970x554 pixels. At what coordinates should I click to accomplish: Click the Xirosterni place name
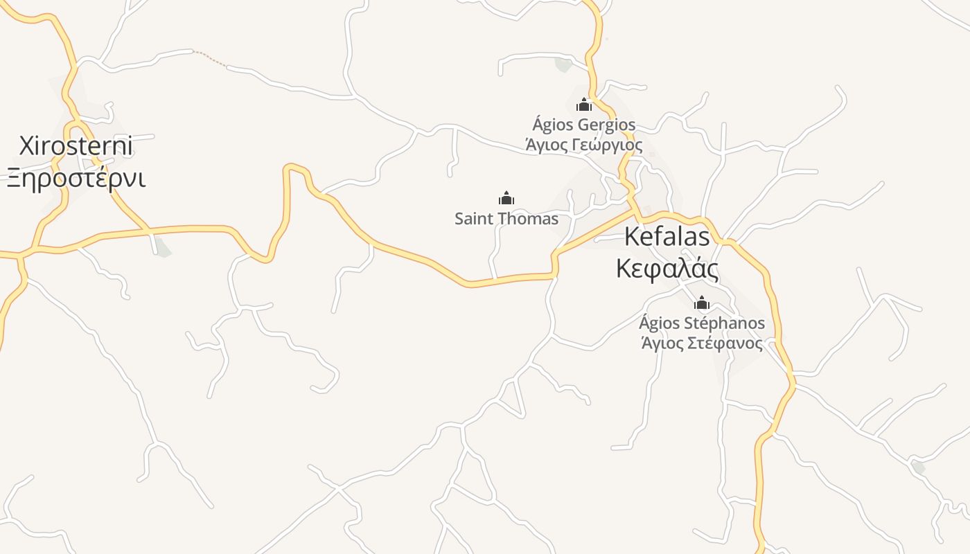click(x=76, y=147)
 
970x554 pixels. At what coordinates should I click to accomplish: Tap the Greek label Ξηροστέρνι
click(x=76, y=178)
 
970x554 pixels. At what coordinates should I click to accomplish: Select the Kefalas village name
click(x=667, y=236)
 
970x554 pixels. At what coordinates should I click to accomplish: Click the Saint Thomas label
click(x=506, y=219)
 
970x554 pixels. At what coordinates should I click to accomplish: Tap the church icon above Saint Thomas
click(x=506, y=198)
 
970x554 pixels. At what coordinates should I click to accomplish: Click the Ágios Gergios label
click(x=584, y=125)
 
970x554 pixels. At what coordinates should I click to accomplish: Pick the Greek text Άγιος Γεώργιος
click(x=584, y=145)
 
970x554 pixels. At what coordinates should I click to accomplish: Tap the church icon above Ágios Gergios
click(x=584, y=105)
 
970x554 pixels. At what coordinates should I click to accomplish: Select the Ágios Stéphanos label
click(x=702, y=323)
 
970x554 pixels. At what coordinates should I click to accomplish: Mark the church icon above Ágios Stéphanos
click(x=702, y=303)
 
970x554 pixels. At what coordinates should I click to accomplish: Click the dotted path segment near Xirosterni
click(x=209, y=59)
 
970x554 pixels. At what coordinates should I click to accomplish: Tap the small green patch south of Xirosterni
click(x=163, y=247)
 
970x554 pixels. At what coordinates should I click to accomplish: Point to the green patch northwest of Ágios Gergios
click(x=563, y=65)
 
